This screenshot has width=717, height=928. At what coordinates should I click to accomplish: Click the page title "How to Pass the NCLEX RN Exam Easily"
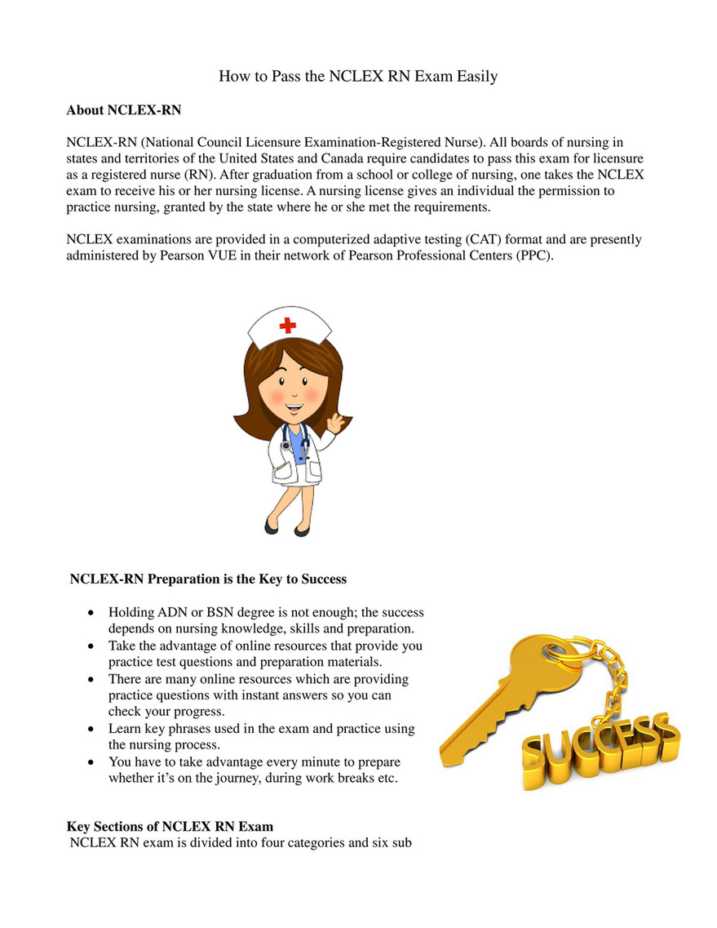click(358, 77)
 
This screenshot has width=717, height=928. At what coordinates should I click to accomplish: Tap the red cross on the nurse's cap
click(287, 326)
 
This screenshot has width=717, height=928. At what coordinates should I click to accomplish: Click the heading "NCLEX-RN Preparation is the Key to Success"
click(208, 579)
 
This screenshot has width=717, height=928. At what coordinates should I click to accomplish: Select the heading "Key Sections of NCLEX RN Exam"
click(170, 827)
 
